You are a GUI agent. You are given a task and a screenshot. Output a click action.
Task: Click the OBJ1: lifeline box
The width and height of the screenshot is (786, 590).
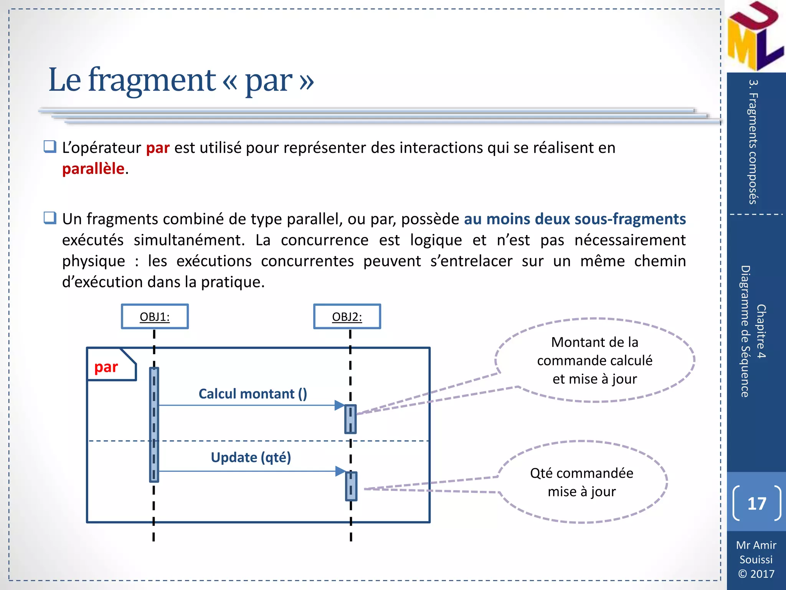(x=155, y=317)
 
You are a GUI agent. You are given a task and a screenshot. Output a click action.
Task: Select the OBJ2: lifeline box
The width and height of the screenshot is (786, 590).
(x=347, y=317)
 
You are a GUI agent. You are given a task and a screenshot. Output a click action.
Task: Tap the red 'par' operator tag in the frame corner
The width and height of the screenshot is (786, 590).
(x=106, y=367)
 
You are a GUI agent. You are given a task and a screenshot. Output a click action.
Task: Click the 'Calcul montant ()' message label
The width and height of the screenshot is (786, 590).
(x=253, y=394)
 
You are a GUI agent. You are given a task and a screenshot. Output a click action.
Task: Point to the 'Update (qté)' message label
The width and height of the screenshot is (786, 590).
(x=251, y=457)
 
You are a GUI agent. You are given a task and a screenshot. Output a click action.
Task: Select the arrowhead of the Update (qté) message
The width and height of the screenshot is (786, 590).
(x=340, y=471)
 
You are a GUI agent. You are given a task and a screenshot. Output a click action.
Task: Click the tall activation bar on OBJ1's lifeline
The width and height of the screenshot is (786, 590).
(x=154, y=424)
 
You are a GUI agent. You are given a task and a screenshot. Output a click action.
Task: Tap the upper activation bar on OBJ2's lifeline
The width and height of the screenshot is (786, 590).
(x=350, y=419)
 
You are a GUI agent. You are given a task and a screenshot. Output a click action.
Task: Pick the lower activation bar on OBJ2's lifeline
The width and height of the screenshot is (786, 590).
(x=351, y=486)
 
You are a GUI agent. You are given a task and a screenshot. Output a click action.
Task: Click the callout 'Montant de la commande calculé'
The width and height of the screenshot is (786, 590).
(x=594, y=360)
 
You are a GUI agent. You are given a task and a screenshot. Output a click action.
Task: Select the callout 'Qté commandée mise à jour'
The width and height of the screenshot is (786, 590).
(x=581, y=482)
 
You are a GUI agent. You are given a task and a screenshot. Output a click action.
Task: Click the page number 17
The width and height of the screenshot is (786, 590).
(x=756, y=503)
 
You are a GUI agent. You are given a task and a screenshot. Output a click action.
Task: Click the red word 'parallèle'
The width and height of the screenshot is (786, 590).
(x=93, y=169)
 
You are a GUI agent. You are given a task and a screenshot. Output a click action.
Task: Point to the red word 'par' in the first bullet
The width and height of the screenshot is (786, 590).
(x=158, y=148)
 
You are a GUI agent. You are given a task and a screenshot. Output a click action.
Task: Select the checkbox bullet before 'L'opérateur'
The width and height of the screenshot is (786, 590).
(x=50, y=147)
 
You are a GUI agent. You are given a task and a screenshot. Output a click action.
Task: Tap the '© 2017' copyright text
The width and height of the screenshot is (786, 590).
(x=756, y=573)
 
